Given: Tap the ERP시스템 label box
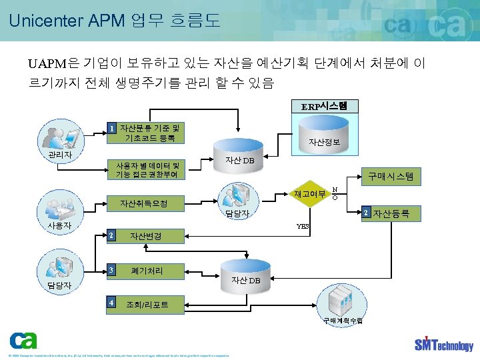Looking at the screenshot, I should [325, 106].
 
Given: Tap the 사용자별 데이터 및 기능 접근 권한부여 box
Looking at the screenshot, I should [147, 169].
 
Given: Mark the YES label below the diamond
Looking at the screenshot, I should [303, 227].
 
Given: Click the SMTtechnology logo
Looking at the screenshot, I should [443, 343].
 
